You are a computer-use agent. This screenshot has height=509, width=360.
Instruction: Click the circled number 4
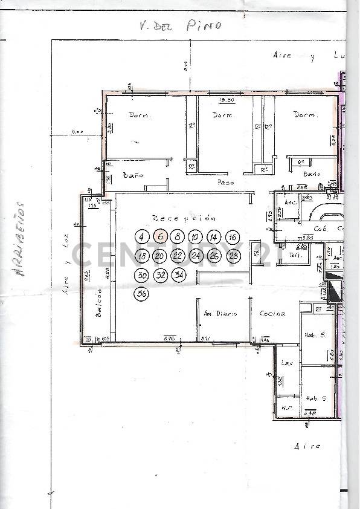[x=141, y=236]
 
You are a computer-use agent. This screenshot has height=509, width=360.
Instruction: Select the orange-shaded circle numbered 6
[x=159, y=236]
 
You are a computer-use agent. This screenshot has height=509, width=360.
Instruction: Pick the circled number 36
[x=142, y=294]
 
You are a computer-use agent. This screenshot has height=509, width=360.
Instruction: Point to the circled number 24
[x=196, y=256]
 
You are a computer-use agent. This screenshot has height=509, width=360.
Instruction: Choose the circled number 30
[x=142, y=275]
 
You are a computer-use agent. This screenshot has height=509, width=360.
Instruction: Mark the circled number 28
[x=233, y=256]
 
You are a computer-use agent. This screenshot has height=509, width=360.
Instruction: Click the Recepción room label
[x=184, y=218]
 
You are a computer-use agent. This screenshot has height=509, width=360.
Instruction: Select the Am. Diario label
[x=220, y=314]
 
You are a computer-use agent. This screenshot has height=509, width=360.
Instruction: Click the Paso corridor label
[x=225, y=181]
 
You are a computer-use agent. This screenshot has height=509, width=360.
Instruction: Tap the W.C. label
[x=286, y=408]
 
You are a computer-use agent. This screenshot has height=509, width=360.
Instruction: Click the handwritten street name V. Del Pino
[x=179, y=25]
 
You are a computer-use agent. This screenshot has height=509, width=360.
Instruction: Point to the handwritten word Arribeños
[x=20, y=239]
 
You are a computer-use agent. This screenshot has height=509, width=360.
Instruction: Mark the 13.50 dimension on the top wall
[x=227, y=100]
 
